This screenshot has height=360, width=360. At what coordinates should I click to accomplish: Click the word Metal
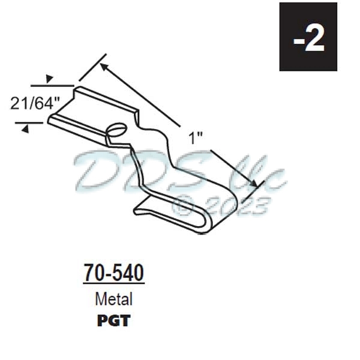pos(113,298)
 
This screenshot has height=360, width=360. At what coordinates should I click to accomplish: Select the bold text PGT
pos(113,320)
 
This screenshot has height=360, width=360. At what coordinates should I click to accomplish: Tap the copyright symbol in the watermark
pos(181,206)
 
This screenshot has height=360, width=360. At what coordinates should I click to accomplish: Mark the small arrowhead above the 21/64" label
pos(50,79)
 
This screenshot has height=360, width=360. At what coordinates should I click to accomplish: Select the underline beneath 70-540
pos(113,284)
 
